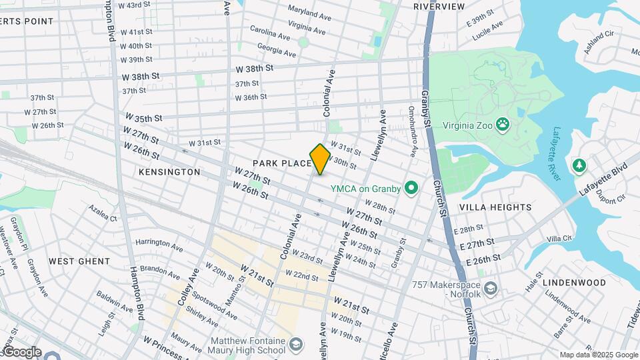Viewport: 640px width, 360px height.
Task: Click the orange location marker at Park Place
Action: point(320,159)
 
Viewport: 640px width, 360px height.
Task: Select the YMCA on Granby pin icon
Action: point(411,189)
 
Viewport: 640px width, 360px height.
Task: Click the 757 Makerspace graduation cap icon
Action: point(491,287)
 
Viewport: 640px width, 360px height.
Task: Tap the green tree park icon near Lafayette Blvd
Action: point(579,165)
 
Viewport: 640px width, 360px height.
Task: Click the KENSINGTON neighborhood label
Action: point(169,172)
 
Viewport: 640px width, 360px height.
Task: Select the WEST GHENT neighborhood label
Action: point(79,261)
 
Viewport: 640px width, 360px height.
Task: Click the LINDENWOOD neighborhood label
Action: point(574,283)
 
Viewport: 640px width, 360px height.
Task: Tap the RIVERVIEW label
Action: point(439,6)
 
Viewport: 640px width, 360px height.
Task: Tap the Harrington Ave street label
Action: point(159,245)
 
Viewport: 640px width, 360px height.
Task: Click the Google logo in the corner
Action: point(21,351)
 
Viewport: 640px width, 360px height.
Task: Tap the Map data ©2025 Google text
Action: point(598,355)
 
